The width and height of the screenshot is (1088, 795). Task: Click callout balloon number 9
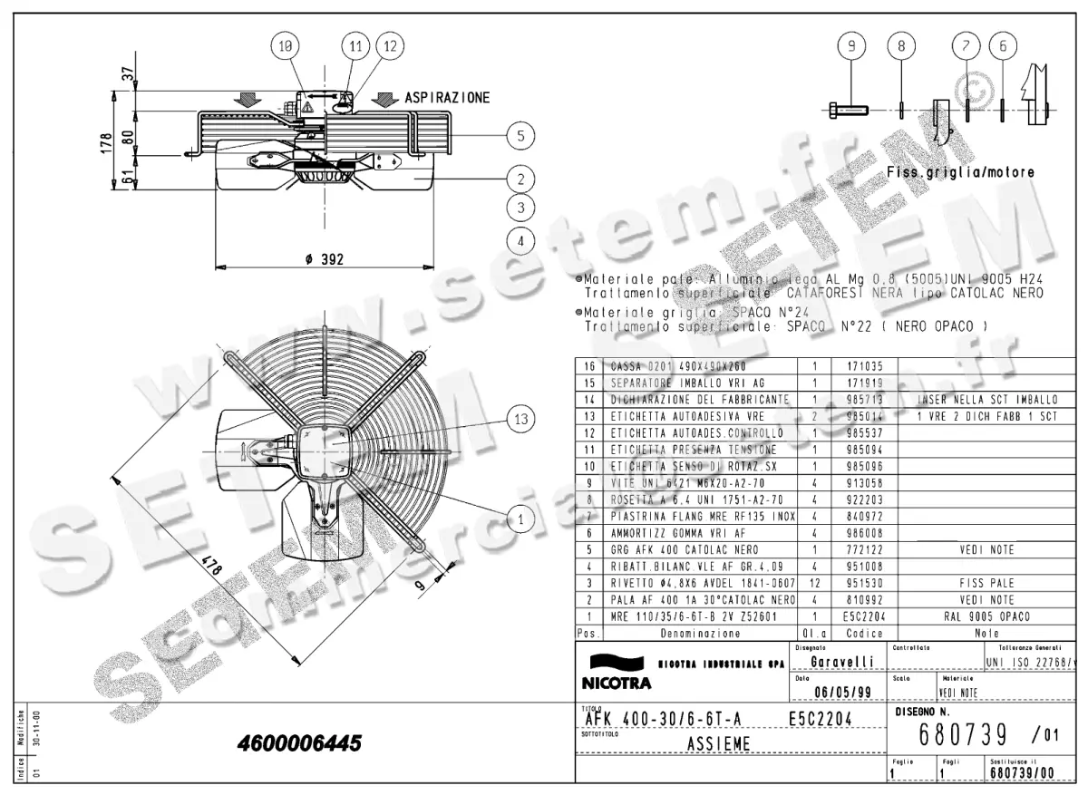point(851,46)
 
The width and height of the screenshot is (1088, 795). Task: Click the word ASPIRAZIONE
point(447,97)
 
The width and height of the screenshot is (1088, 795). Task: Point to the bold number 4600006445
point(298,743)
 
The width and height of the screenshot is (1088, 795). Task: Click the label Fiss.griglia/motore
point(960,172)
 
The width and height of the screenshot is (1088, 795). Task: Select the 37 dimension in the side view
point(128,73)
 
